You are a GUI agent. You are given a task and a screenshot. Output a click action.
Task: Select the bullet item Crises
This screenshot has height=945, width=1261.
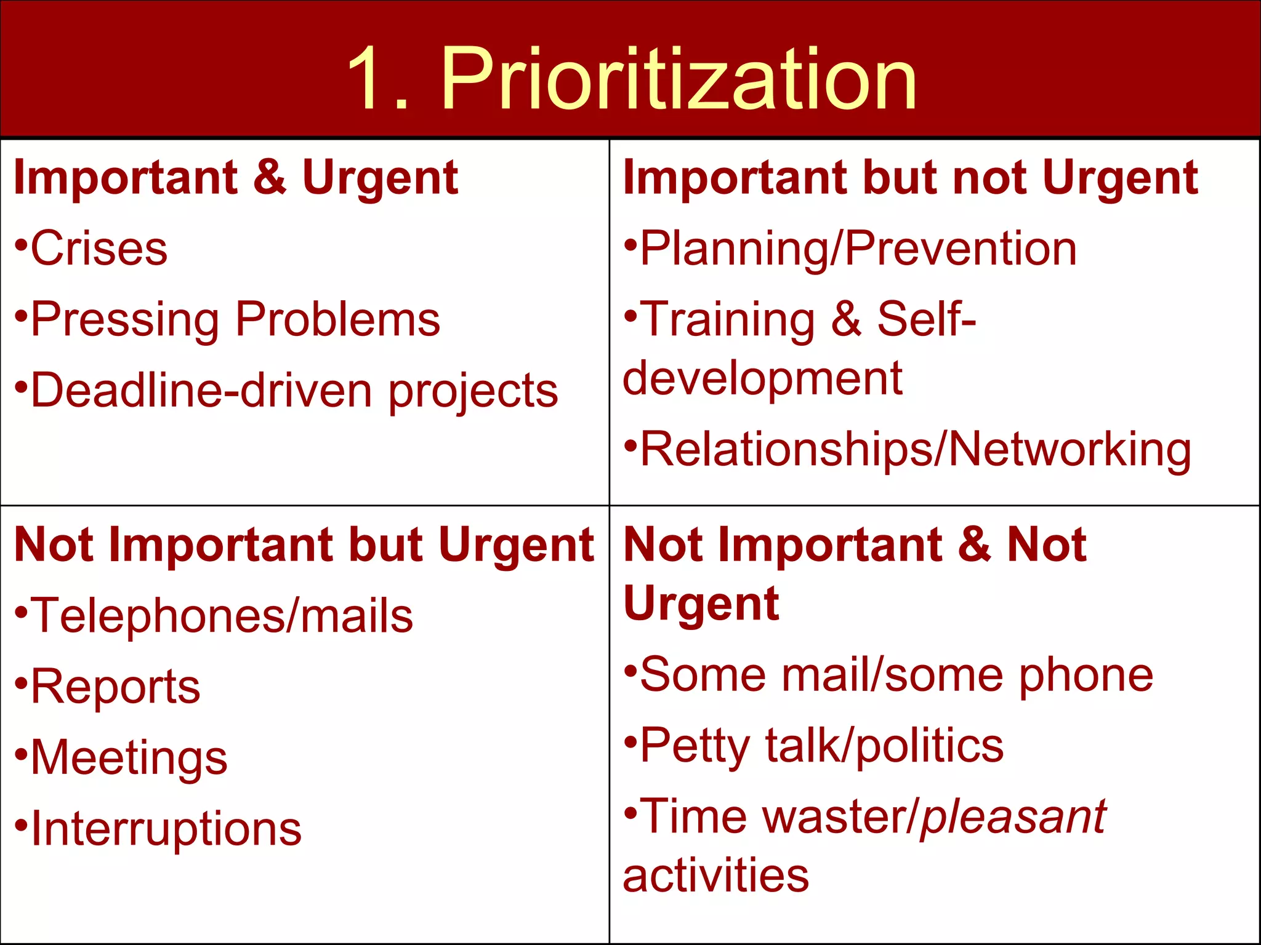(99, 249)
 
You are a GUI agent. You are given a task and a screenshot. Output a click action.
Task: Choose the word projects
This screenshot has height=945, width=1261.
(473, 393)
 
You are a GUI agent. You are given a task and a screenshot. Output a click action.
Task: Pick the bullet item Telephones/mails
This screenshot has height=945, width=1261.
(222, 616)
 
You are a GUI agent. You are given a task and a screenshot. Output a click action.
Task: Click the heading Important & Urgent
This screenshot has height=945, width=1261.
(236, 178)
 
